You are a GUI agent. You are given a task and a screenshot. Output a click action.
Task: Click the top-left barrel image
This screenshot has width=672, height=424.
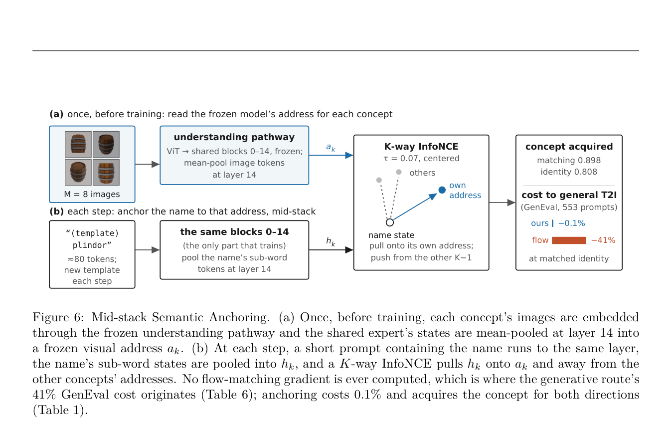click(78, 145)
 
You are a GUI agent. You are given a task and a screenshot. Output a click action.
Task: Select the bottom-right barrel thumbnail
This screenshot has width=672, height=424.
click(106, 173)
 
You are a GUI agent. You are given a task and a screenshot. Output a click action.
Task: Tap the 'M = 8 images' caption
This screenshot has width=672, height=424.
click(92, 194)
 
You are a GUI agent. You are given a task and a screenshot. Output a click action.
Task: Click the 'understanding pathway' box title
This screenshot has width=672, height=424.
click(234, 137)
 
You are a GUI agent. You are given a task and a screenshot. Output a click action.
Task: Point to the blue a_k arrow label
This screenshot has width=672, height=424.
click(331, 148)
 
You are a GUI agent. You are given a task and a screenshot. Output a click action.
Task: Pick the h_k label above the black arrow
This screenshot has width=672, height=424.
click(331, 241)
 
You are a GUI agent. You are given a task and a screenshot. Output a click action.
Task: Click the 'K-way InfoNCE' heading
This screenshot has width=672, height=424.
click(421, 147)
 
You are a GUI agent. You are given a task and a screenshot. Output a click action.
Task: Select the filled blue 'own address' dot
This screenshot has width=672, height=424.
click(442, 190)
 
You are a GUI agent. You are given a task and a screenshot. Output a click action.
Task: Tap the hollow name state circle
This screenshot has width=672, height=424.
click(390, 222)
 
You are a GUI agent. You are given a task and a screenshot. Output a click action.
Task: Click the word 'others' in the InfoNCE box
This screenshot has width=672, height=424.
click(422, 173)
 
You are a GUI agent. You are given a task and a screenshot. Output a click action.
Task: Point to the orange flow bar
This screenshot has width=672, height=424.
click(569, 240)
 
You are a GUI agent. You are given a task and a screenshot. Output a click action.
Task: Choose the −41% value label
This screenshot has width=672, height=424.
click(603, 240)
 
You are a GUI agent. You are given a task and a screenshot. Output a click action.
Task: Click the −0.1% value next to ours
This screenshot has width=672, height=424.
click(571, 223)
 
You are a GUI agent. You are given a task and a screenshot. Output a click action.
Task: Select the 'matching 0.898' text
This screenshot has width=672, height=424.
click(569, 160)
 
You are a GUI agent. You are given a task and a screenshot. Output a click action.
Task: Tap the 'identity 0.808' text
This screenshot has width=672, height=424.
click(569, 172)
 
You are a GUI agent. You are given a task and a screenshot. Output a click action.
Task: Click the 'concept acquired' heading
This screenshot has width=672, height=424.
click(569, 147)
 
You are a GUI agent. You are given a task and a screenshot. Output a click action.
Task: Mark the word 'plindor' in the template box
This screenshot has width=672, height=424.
click(92, 245)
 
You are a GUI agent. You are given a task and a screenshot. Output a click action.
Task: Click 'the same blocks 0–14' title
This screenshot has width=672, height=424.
click(234, 232)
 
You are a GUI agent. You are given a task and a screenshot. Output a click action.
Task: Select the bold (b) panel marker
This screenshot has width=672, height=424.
click(57, 212)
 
